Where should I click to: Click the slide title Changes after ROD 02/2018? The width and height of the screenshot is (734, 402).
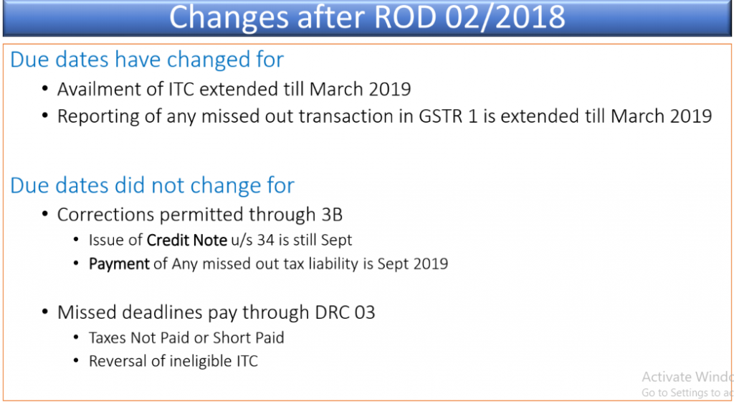[x=367, y=17]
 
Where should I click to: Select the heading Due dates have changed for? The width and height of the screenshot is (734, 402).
[x=147, y=60]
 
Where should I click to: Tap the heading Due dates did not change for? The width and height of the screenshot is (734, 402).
[x=152, y=185]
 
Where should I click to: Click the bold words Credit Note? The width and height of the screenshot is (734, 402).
[x=187, y=240]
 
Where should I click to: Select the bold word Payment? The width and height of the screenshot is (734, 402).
[x=120, y=263]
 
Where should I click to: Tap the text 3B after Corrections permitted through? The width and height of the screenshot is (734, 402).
[x=332, y=215]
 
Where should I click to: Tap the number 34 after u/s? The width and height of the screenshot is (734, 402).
[x=265, y=240]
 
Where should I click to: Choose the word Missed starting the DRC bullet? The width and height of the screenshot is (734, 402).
[x=87, y=312]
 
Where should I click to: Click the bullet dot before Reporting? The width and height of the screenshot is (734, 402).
[x=45, y=116]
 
